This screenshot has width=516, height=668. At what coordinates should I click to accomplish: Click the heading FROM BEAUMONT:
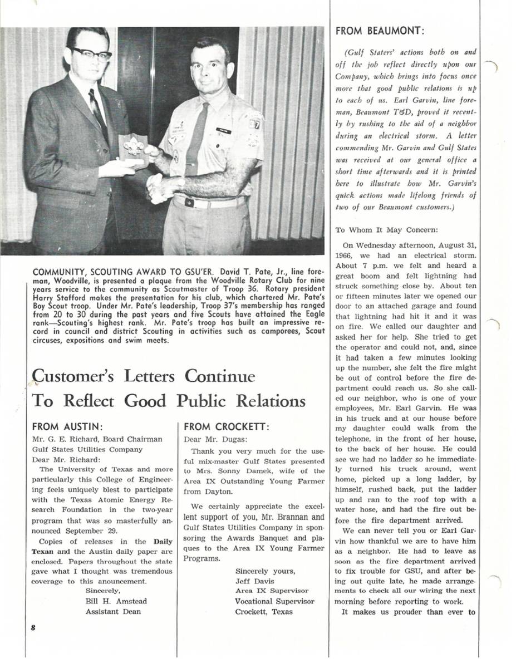[x=380, y=31]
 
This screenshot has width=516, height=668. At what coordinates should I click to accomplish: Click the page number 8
[x=33, y=627]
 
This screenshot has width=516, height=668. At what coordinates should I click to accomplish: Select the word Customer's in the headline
[x=76, y=377]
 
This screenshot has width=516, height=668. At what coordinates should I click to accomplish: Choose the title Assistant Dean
[x=113, y=611]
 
